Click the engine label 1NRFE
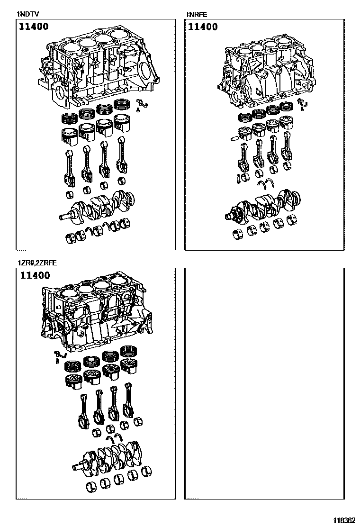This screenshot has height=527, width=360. coord(197,14)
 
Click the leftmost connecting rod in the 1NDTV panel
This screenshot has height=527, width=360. coord(69,168)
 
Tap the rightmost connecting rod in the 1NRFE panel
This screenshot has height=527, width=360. coord(288,149)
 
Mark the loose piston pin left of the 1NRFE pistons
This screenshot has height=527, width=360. coord(234,138)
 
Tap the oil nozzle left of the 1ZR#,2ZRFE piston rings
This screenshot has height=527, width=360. coord(58,355)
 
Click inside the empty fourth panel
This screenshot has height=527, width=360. coord(264,384)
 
